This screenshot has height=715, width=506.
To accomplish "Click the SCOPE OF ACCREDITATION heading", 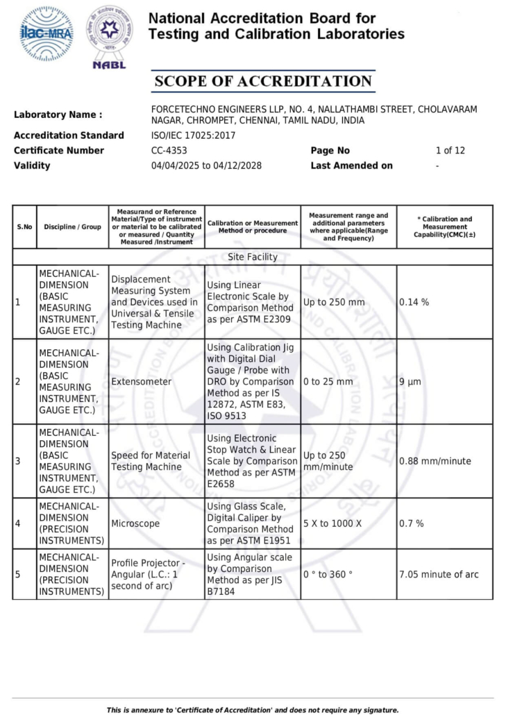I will click(x=263, y=81).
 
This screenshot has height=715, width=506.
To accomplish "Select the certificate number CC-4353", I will click(x=169, y=151).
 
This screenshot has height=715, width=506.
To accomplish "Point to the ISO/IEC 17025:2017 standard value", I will click(x=192, y=135).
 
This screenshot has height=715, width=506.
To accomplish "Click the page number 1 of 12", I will click(x=450, y=151).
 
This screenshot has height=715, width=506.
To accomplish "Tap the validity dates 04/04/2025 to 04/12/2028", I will click(x=206, y=166).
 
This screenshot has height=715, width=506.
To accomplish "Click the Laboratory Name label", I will click(x=58, y=115).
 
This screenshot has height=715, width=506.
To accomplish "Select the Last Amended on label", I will click(x=352, y=166).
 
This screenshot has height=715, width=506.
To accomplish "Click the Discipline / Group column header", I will click(x=72, y=227).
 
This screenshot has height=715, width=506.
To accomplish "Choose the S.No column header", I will click(x=24, y=227).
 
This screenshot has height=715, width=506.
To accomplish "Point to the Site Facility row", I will click(x=253, y=257).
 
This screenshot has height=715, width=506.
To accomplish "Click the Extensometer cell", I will click(x=141, y=382).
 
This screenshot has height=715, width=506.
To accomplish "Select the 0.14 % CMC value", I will click(x=414, y=303).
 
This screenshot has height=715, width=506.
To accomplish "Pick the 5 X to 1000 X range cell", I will click(x=332, y=523).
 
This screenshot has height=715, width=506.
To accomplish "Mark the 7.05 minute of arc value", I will click(x=439, y=574).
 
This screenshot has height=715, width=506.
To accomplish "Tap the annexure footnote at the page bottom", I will click(x=253, y=709).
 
